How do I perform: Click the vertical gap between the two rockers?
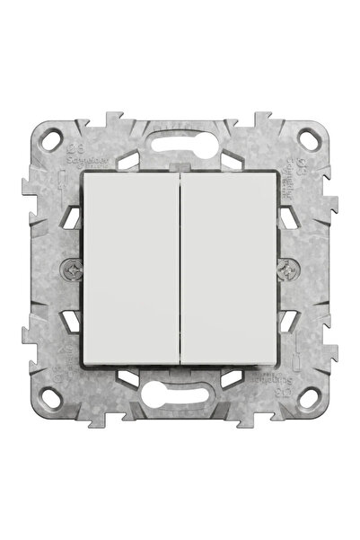pyautogui.click(x=180, y=270)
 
